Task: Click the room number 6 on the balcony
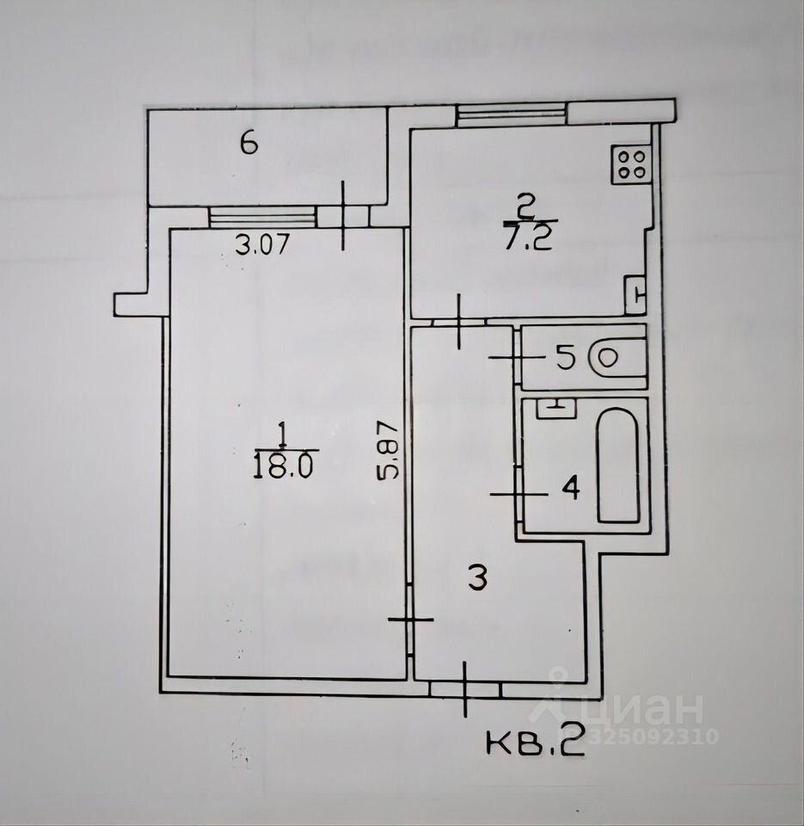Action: pyautogui.click(x=249, y=144)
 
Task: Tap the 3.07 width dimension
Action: pyautogui.click(x=261, y=244)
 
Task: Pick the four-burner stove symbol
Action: pyautogui.click(x=631, y=163)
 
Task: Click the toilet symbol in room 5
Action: pyautogui.click(x=616, y=357)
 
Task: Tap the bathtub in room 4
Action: pyautogui.click(x=618, y=465)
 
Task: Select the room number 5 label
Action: pyautogui.click(x=565, y=357)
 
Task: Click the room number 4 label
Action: pyautogui.click(x=570, y=490)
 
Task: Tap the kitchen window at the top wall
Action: pyautogui.click(x=512, y=114)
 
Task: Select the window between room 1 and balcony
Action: pyautogui.click(x=262, y=217)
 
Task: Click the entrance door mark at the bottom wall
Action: pyautogui.click(x=464, y=688)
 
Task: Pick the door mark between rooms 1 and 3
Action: pyautogui.click(x=410, y=619)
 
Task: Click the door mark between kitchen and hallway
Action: pyautogui.click(x=459, y=321)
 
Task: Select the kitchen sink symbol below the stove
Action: pyautogui.click(x=635, y=293)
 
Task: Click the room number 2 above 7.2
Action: pyautogui.click(x=525, y=206)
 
